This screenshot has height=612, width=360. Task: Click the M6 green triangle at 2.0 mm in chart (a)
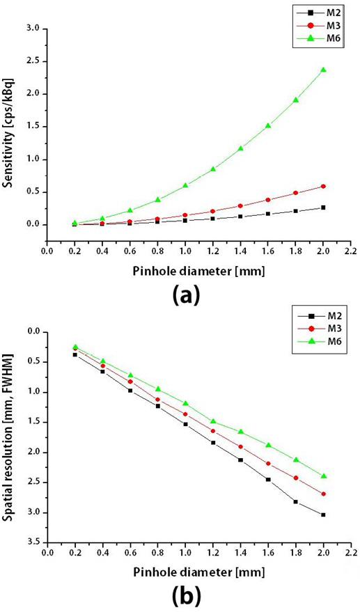coord(323,70)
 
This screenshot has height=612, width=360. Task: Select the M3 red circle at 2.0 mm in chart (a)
coord(323,186)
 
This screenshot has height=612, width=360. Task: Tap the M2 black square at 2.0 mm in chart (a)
coord(323,207)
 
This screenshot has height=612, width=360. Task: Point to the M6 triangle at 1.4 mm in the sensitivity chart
coord(240,148)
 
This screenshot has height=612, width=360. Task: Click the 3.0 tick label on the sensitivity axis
coord(34,29)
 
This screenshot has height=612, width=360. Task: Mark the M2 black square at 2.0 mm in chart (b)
coord(323,515)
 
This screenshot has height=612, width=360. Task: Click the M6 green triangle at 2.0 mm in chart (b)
coord(323,476)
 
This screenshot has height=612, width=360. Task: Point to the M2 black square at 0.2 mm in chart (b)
coord(75,354)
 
